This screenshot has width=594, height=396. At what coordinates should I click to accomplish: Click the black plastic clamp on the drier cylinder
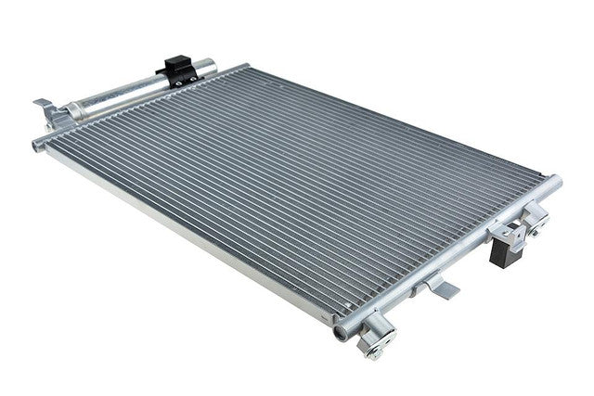point(178,69)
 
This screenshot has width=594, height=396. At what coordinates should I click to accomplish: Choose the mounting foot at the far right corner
point(537,219)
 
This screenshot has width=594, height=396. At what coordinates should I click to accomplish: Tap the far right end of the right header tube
point(556,179)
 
